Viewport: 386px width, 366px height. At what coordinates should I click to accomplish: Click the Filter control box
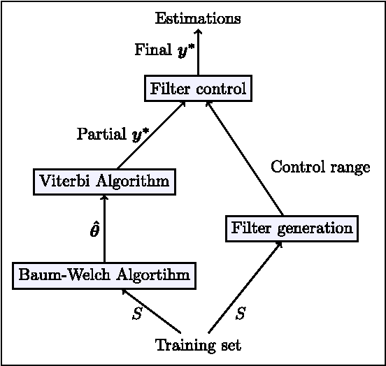point(197,89)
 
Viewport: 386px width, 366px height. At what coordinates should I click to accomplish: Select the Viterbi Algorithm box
point(104,182)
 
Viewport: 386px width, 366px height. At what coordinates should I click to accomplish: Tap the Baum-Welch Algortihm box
point(104,276)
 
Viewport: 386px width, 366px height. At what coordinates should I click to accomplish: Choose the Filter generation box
point(292,228)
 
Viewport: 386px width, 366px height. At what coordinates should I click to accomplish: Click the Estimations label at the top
point(198,18)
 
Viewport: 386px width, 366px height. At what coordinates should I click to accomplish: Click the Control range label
point(320,168)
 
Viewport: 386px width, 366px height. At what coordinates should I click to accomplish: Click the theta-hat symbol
point(94,230)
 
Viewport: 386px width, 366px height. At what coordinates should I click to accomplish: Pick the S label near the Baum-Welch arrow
point(137,314)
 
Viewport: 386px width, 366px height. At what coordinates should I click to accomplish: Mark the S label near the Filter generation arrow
point(240,314)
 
